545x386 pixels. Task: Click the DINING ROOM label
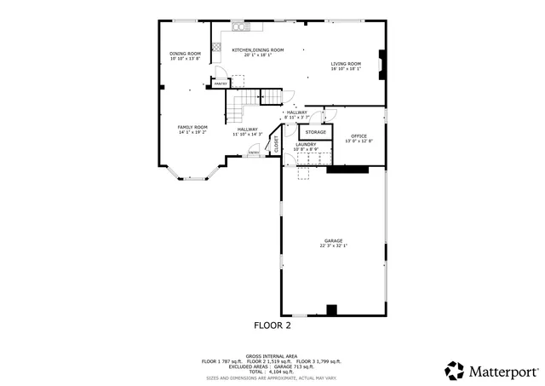185,54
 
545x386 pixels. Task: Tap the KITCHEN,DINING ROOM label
258,50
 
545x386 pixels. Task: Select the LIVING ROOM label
346,64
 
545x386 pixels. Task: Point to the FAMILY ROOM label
192,127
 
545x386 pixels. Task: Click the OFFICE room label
359,136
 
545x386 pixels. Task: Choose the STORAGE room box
316,133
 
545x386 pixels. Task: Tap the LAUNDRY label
305,145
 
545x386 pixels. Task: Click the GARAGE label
333,240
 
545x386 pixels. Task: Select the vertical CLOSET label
277,144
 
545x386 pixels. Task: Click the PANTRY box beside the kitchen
219,84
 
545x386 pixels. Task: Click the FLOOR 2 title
272,326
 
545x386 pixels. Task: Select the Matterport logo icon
455,371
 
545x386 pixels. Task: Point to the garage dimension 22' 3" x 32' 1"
333,245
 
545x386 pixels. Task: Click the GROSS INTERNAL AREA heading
272,356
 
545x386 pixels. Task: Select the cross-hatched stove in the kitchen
217,47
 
